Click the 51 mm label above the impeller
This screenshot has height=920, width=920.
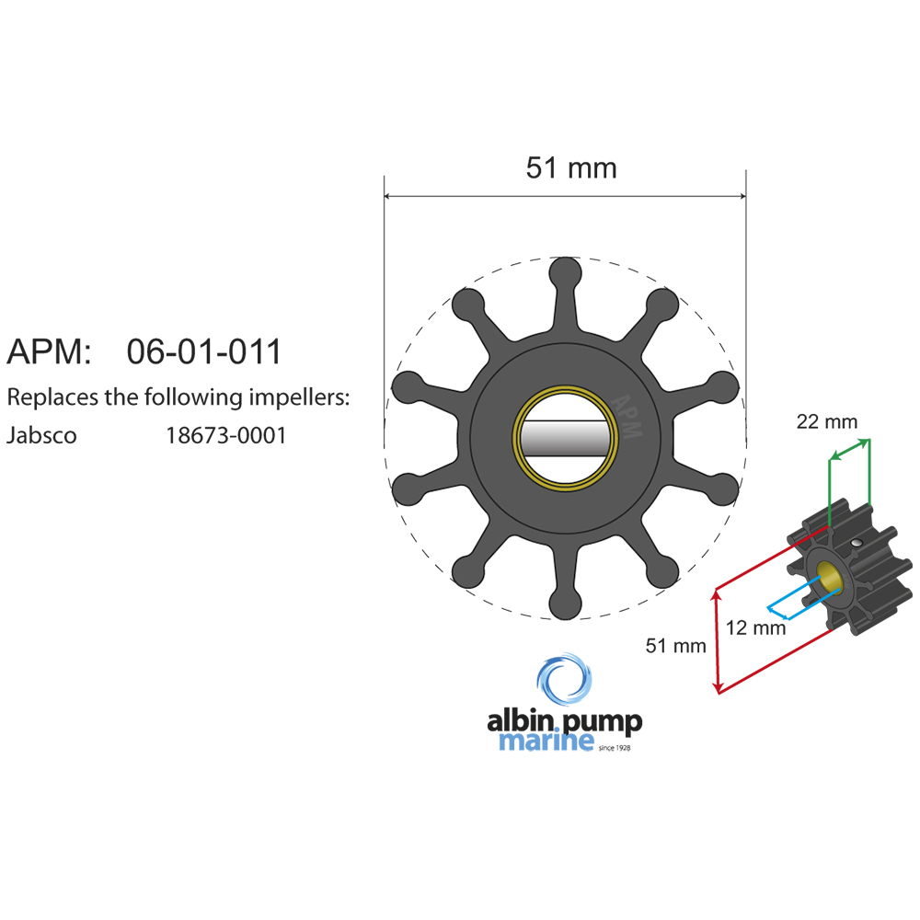570,168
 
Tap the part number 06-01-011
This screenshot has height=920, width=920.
203,352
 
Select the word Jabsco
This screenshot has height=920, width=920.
41,435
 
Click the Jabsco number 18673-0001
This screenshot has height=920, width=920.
225,435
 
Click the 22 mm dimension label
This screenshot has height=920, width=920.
826,422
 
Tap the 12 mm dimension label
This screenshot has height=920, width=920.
755,628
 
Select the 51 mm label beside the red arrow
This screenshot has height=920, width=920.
675,646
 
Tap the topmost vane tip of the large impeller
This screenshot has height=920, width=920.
564,273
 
